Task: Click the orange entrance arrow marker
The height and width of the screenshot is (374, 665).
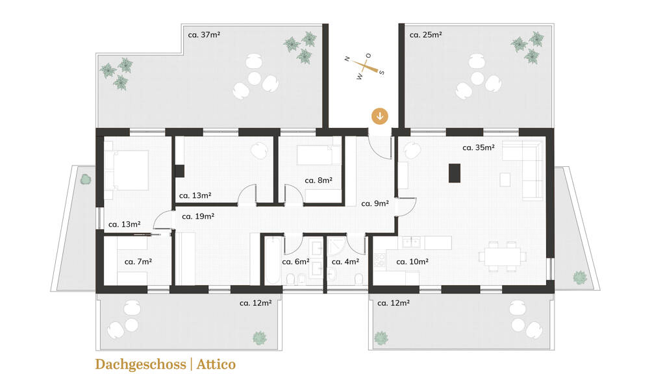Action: (379, 116)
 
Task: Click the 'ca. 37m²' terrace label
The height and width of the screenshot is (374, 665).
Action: (204, 35)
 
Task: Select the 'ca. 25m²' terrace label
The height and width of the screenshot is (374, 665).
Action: (425, 35)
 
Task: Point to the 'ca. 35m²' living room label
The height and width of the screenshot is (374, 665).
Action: (479, 147)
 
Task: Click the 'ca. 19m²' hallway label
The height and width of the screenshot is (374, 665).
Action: (198, 216)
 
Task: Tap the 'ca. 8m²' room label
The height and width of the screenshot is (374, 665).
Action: (318, 181)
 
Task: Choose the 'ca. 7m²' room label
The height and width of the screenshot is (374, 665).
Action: (138, 262)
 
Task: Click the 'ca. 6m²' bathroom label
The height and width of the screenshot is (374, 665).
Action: (295, 262)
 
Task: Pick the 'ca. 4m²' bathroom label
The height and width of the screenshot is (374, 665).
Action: (345, 262)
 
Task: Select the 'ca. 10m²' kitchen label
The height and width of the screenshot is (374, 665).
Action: (412, 262)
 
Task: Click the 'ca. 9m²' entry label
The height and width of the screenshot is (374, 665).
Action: (375, 203)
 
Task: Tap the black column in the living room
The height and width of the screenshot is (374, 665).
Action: (455, 173)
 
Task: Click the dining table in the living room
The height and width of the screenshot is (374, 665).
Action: (503, 256)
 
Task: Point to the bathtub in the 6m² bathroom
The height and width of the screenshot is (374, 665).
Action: (272, 260)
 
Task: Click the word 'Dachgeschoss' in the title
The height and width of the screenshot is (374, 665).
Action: (140, 364)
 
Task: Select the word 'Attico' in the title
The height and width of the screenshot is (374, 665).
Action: (216, 364)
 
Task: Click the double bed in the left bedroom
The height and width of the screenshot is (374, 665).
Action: (127, 170)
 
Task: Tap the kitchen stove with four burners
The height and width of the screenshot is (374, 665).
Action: (379, 260)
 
